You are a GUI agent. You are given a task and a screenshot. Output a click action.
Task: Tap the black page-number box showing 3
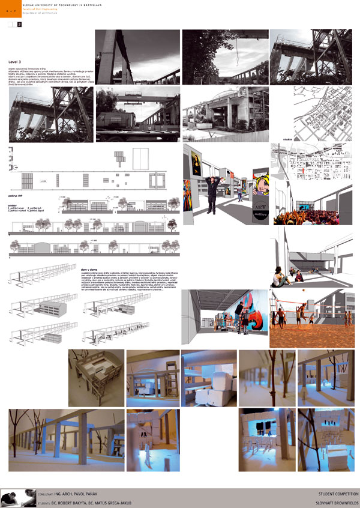[19, 24]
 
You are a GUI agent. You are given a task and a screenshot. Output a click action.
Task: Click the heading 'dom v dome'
[89, 253]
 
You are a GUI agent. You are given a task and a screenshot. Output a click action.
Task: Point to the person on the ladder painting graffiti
[239, 312]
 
